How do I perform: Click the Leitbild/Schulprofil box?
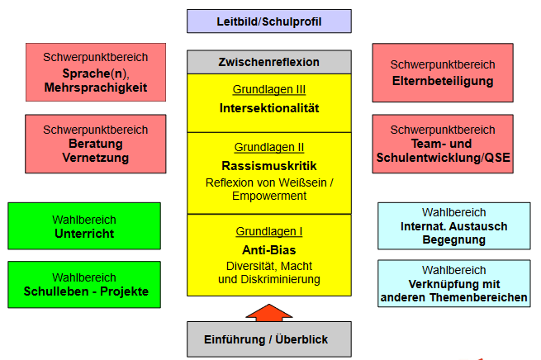[x=269, y=21]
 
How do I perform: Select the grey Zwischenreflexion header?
[x=269, y=62]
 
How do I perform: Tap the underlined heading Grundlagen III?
[x=269, y=89]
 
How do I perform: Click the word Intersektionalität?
[x=269, y=108]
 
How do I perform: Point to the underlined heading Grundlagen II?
[x=269, y=147]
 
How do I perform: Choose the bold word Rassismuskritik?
[x=269, y=166]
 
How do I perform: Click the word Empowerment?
[x=269, y=196]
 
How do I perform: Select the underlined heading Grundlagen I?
[x=269, y=231]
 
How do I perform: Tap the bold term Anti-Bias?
[x=269, y=250]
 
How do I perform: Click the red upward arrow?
[x=269, y=313]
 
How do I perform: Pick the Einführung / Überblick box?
[x=269, y=339]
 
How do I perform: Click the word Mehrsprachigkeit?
[x=96, y=88]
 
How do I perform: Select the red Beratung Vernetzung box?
[x=96, y=144]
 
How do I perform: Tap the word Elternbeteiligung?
[x=443, y=81]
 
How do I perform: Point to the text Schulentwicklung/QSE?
[x=443, y=158]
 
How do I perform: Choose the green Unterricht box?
[x=84, y=226]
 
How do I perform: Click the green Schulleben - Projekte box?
[x=84, y=285]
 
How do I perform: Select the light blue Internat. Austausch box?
[x=454, y=226]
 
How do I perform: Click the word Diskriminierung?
[x=280, y=279]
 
